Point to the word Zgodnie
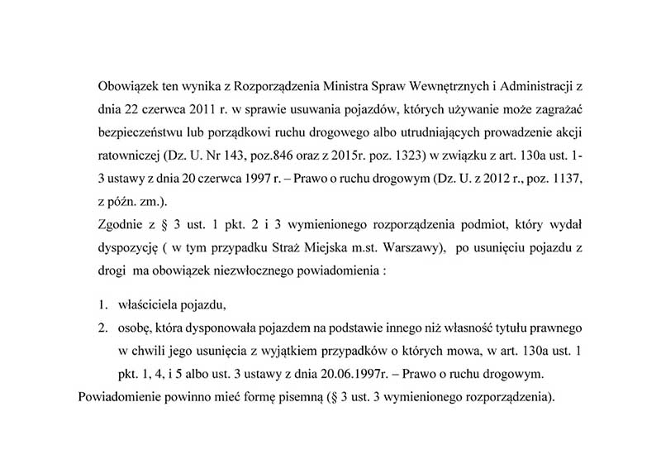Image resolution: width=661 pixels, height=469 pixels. [x=120, y=223]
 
